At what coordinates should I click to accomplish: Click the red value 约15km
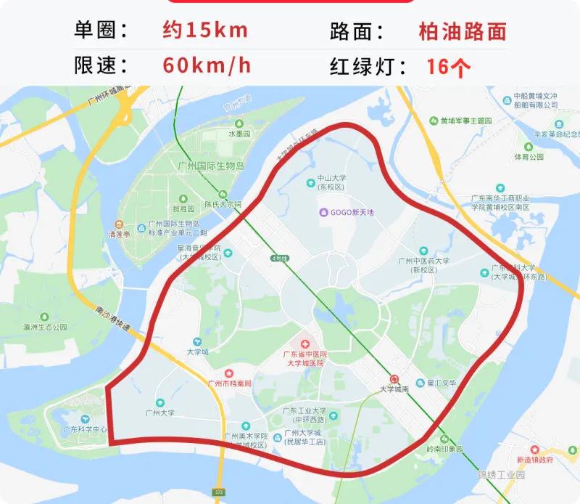click(x=206, y=31)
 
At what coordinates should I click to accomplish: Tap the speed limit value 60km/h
click(x=207, y=65)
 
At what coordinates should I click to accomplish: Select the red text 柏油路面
click(x=462, y=31)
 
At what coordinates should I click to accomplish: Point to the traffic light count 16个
click(x=449, y=67)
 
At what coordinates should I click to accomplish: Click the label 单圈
click(x=102, y=31)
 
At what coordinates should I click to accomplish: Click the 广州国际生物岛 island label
click(x=211, y=166)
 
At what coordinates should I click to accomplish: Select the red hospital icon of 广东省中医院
click(x=305, y=342)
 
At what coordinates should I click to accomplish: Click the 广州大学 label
click(x=159, y=412)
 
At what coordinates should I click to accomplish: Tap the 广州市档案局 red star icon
click(x=228, y=372)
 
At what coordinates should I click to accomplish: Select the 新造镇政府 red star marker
click(x=535, y=450)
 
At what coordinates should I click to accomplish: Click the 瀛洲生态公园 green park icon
click(x=45, y=317)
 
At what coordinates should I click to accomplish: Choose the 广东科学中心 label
click(x=86, y=428)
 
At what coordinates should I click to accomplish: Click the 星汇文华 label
click(x=442, y=383)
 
